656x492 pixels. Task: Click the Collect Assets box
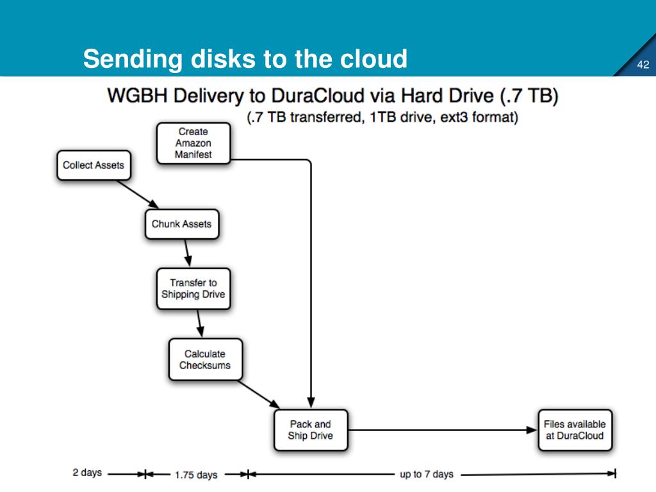93,165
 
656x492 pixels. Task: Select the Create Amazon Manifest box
193,143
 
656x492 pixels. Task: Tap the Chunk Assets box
181,224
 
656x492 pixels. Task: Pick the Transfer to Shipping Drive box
193,288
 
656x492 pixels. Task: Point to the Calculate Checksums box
205,359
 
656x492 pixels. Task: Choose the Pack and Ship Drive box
311,430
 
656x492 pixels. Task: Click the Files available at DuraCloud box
575,430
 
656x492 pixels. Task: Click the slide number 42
643,65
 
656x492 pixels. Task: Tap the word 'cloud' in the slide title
373,59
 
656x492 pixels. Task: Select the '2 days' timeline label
87,473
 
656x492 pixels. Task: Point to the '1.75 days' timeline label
196,475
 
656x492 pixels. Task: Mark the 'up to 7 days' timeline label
427,474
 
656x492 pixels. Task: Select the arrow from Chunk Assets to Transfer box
187,253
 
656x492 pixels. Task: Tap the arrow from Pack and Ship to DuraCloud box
442,430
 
